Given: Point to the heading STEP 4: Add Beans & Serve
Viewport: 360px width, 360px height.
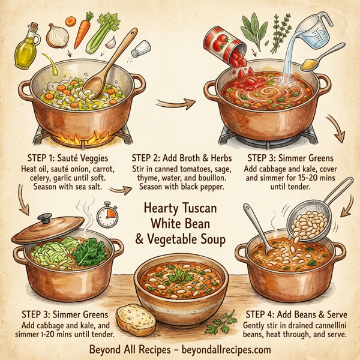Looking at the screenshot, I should (x=298, y=313).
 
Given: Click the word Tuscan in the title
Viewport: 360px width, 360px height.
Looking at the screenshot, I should (x=200, y=211).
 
